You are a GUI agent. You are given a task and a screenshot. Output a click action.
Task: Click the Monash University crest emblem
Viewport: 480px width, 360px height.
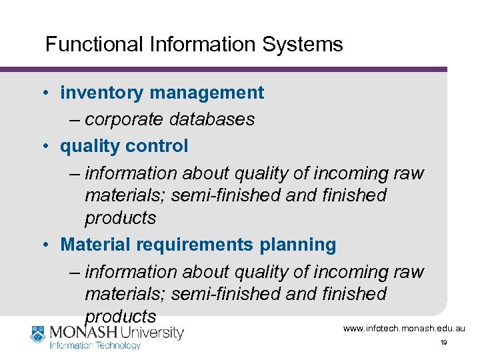coord(38,334)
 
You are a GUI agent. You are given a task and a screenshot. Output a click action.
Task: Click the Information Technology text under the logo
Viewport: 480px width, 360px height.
coord(95,345)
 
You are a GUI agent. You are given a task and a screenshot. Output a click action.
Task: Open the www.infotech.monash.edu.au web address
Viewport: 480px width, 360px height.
coord(404,329)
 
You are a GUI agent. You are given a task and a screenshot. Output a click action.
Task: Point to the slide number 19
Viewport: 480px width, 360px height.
coord(443,343)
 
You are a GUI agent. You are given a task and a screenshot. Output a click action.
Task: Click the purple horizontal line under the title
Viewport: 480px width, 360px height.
coord(223,69)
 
